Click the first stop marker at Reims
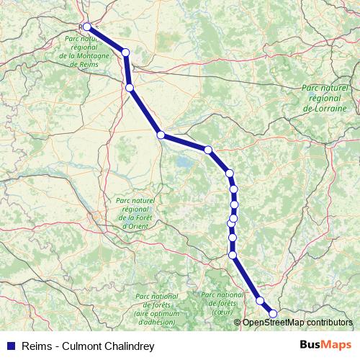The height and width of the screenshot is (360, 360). tap(87, 26)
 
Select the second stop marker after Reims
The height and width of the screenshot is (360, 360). tap(126, 52)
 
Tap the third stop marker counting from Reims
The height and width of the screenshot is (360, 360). tap(130, 88)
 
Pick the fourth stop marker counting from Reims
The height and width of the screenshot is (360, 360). tap(161, 135)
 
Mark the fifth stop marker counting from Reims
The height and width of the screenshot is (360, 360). tap(208, 150)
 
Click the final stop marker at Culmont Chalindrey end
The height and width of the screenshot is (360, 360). tap(273, 313)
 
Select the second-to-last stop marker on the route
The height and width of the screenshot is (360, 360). tap(260, 301)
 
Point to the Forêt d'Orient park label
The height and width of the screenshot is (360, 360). tap(135, 213)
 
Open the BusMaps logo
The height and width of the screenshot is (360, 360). tap(325, 346)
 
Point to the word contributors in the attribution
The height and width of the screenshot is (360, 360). tap(327, 323)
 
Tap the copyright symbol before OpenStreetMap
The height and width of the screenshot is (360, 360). tap(238, 323)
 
